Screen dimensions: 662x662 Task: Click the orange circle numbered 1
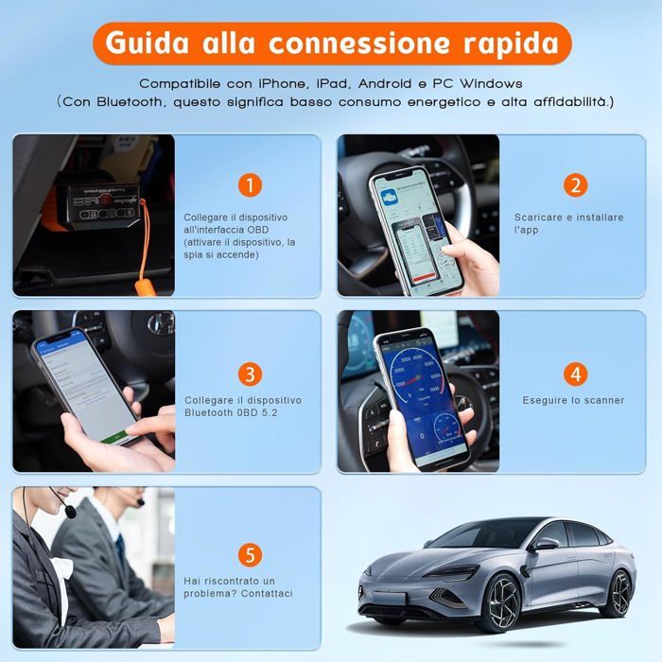coord(249,184)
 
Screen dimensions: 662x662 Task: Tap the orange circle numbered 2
coord(576,184)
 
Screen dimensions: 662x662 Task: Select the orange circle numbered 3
coord(249,374)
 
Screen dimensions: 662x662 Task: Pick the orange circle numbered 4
coord(576,374)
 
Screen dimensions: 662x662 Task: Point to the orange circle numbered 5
coord(249,555)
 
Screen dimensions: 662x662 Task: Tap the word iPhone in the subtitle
coord(285,84)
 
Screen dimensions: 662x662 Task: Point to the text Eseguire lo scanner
coord(573,400)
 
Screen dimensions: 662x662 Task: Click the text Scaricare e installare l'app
coord(568,223)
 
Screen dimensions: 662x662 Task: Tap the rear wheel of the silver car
coord(619,592)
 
